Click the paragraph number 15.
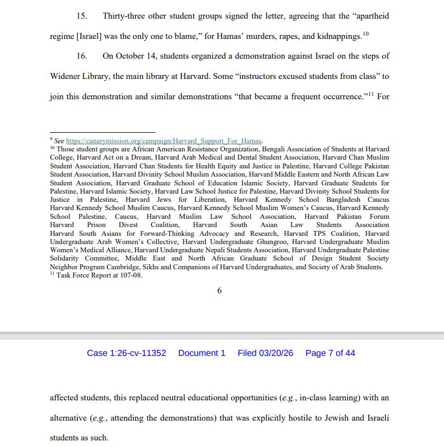coord(82,16)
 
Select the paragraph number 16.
coord(82,56)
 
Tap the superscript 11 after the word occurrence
coord(370,95)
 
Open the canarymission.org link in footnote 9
coord(164,141)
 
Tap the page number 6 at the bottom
coord(220,291)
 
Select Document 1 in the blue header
coord(201,353)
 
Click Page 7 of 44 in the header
coord(330,353)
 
